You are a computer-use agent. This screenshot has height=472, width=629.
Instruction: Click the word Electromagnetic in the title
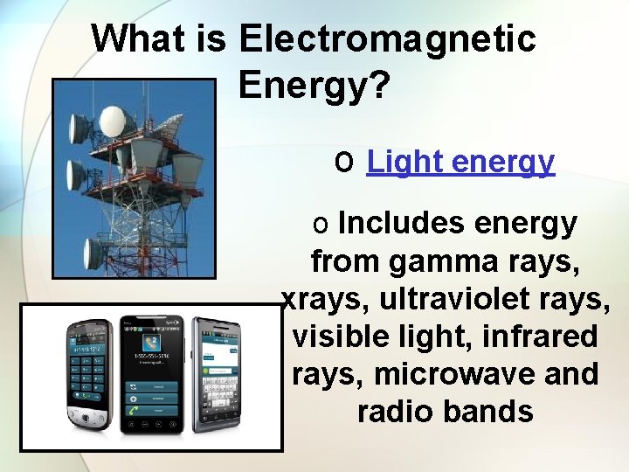(x=387, y=39)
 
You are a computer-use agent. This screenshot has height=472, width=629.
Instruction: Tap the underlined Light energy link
(x=460, y=162)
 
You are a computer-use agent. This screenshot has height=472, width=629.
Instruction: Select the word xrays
(x=317, y=299)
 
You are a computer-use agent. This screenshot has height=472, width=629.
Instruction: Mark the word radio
(x=395, y=411)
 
